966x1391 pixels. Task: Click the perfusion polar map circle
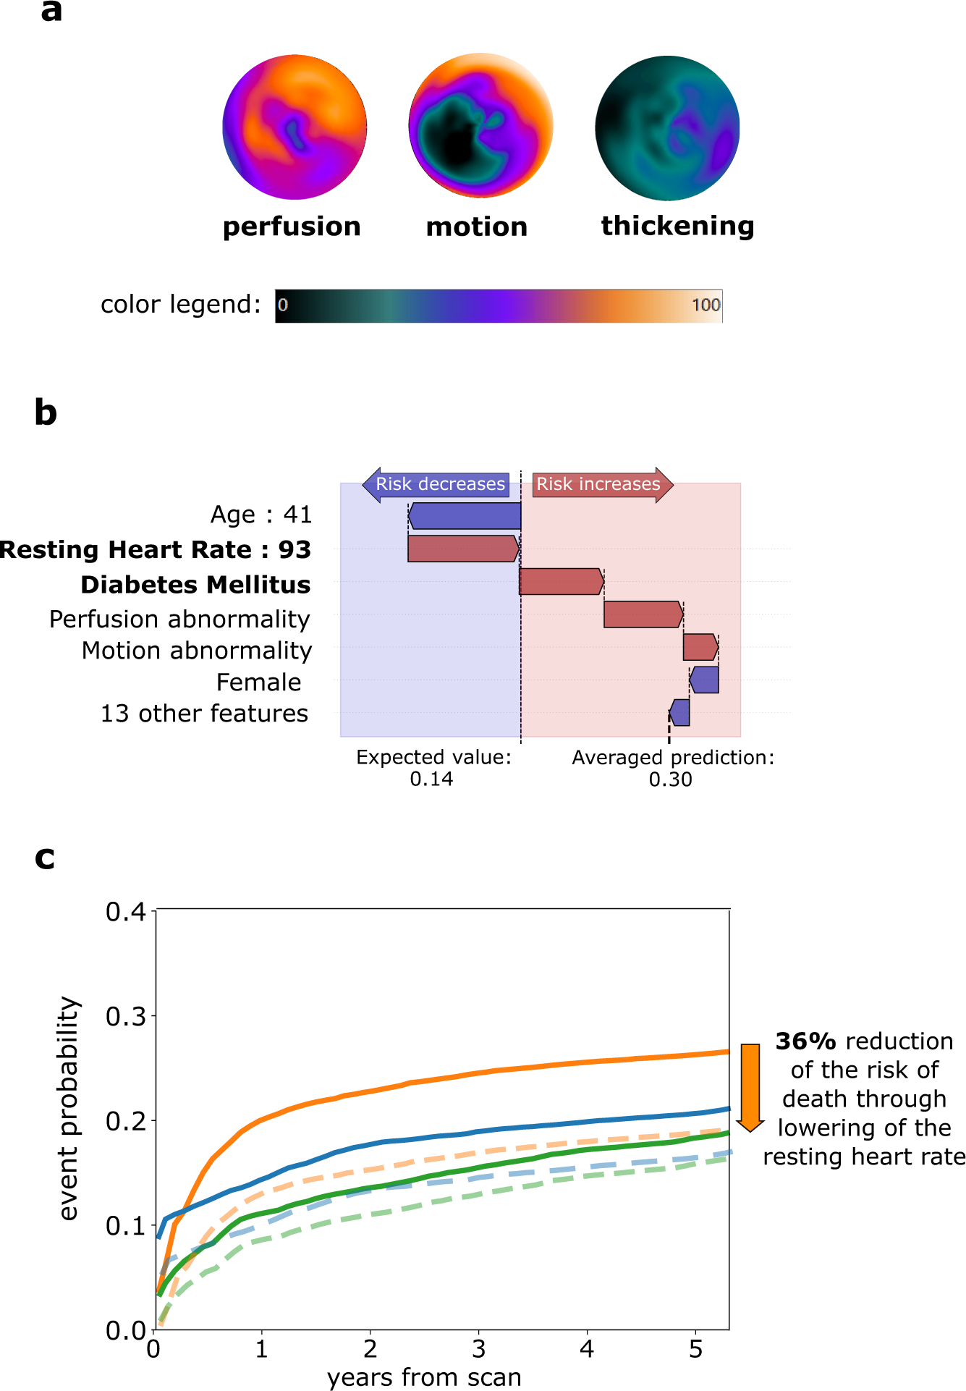[x=295, y=127]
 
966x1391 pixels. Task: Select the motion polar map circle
[x=480, y=126]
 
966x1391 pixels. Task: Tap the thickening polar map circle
[x=667, y=128]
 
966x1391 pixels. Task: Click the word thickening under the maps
[x=677, y=226]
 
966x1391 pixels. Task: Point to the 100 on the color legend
[x=706, y=305]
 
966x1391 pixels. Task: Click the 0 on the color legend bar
[x=283, y=305]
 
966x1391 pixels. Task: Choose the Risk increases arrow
[x=601, y=484]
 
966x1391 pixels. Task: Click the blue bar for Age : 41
[x=465, y=516]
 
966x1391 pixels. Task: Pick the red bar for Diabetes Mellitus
[x=562, y=582]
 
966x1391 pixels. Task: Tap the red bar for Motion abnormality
[x=700, y=647]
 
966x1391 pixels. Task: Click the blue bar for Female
[x=704, y=680]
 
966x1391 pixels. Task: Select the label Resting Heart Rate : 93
[x=156, y=549]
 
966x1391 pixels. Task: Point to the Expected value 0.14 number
[x=431, y=779]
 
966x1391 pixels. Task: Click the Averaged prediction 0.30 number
[x=670, y=779]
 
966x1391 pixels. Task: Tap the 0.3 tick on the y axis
[x=126, y=1016]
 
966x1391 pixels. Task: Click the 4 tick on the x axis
[x=587, y=1349]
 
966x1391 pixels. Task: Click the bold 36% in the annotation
[x=805, y=1041]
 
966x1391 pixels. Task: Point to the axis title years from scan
[x=424, y=1377]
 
